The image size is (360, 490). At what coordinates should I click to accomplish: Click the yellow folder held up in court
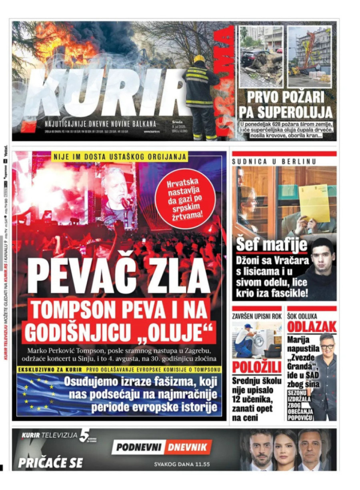tap(314, 203)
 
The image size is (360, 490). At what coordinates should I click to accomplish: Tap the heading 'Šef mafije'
tap(271, 245)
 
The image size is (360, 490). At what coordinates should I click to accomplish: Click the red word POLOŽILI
tap(257, 367)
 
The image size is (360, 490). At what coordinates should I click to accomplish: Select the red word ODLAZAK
tap(312, 327)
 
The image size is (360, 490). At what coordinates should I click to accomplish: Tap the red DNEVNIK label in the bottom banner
tap(187, 447)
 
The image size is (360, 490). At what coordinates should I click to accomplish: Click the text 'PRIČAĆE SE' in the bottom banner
tap(50, 462)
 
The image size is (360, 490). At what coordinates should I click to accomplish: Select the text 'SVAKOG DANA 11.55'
tap(182, 465)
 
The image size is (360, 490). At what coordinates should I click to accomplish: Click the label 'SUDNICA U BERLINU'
tap(274, 161)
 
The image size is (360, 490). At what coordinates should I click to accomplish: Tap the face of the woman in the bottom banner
tap(286, 449)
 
